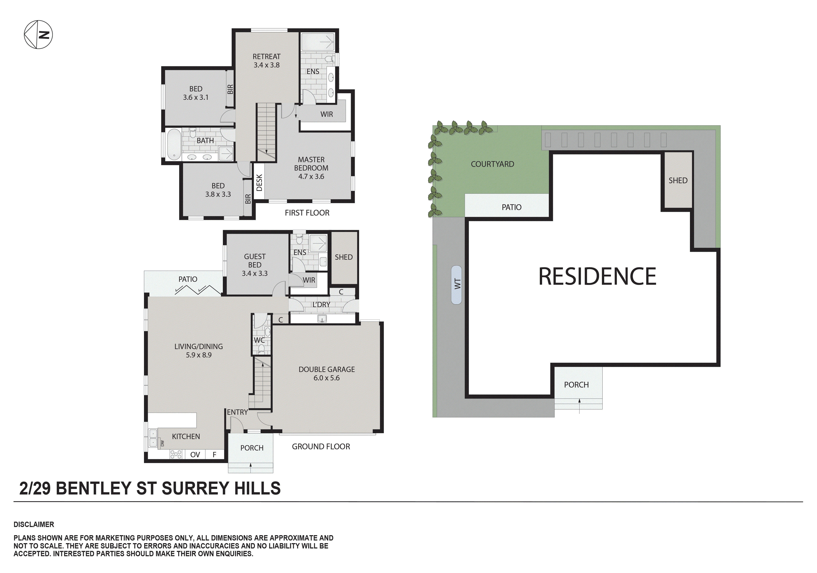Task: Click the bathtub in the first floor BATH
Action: [174, 144]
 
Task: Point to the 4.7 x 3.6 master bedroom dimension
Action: [311, 176]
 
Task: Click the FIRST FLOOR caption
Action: [307, 213]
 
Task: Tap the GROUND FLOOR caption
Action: [321, 446]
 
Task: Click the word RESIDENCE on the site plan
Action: [597, 276]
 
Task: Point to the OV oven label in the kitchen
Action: [195, 455]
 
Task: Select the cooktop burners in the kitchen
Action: [176, 454]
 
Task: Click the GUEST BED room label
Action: [254, 261]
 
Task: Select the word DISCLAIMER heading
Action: [34, 525]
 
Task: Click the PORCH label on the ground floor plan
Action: [252, 448]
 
